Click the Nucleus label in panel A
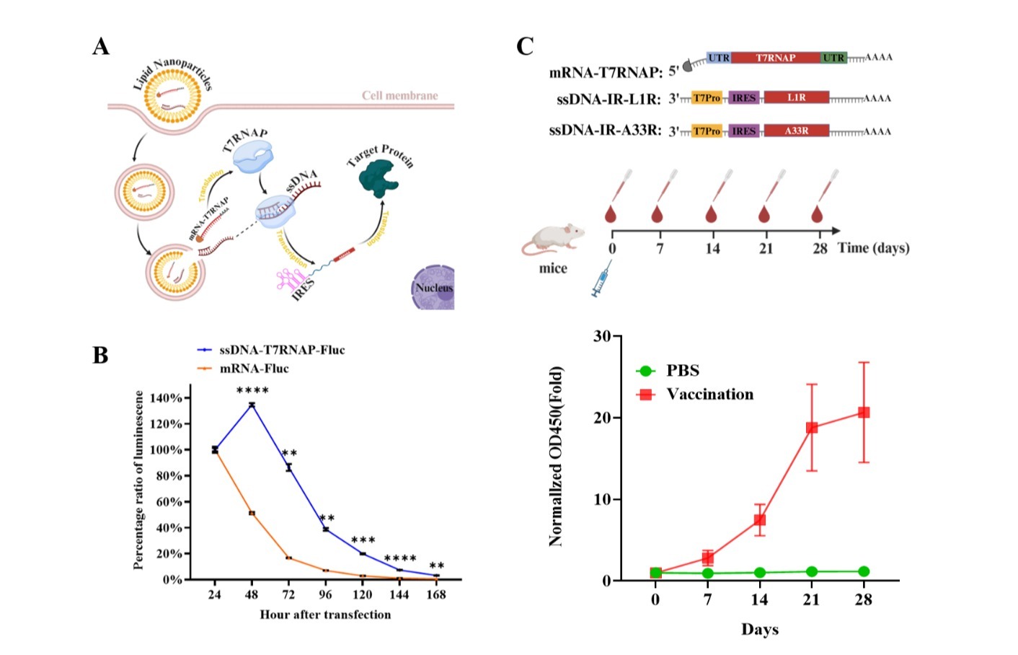point(434,288)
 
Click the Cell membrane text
point(399,95)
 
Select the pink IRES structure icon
point(290,279)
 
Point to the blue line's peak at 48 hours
point(252,405)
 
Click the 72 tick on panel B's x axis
point(288,594)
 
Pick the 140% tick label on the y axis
point(166,398)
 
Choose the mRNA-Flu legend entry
point(253,369)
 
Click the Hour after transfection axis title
point(325,615)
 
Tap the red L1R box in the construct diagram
point(796,97)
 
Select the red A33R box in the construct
point(796,131)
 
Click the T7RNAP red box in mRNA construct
point(776,58)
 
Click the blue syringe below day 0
point(601,280)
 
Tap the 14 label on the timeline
point(712,248)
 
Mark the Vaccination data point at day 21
point(812,427)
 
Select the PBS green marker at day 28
point(864,571)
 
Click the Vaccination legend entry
point(709,395)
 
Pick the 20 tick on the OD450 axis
point(602,418)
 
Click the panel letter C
point(525,46)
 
